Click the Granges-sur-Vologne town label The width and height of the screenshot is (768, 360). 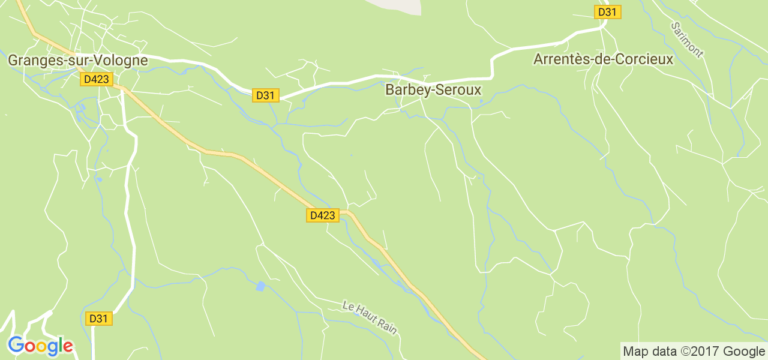pyautogui.click(x=77, y=61)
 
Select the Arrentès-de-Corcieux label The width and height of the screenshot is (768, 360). pyautogui.click(x=604, y=59)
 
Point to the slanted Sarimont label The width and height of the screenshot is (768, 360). pyautogui.click(x=687, y=40)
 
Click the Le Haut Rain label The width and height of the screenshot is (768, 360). pyautogui.click(x=370, y=317)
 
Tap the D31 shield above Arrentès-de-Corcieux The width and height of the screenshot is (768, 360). pyautogui.click(x=607, y=12)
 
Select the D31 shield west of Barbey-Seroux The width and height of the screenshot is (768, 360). pyautogui.click(x=265, y=95)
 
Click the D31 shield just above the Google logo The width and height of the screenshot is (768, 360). pyautogui.click(x=98, y=319)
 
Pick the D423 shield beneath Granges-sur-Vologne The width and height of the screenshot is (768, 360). pyautogui.click(x=97, y=79)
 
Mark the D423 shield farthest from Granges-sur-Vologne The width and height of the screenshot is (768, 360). pyautogui.click(x=322, y=215)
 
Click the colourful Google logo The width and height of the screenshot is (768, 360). pyautogui.click(x=40, y=346)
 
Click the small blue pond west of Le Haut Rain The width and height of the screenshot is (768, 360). pyautogui.click(x=260, y=286)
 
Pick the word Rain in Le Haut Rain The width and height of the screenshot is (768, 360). pyautogui.click(x=388, y=326)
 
